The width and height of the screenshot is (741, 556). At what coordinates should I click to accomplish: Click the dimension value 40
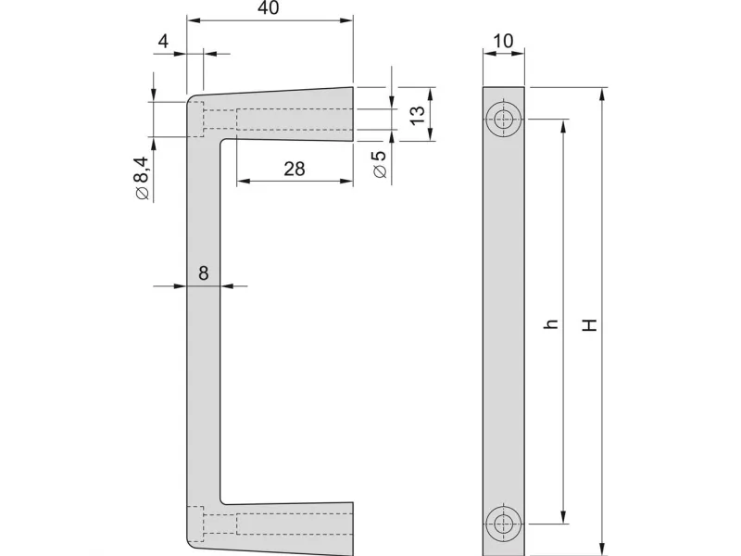click(269, 8)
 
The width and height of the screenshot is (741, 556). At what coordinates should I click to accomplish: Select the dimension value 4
click(163, 42)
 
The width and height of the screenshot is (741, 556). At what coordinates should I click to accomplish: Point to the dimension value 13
click(418, 115)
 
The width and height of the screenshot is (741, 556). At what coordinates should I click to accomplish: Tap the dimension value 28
click(295, 169)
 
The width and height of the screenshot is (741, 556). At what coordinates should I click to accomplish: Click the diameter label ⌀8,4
click(142, 178)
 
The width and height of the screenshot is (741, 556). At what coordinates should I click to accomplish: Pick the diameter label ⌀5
click(380, 165)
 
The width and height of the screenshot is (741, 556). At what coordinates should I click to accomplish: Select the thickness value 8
click(203, 273)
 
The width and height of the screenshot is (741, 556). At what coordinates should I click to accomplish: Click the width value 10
click(503, 41)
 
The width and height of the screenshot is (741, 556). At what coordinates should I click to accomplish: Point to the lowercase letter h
click(551, 323)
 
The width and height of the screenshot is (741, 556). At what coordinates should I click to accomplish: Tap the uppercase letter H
click(589, 325)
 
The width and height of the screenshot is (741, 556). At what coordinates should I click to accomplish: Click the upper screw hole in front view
click(504, 119)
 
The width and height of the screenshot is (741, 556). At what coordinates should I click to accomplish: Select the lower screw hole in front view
click(504, 524)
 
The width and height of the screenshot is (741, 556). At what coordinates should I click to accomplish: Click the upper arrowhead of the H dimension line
click(601, 95)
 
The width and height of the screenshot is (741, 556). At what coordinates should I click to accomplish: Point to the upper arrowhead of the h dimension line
click(563, 126)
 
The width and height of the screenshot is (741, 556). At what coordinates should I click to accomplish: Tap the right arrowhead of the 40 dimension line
click(346, 20)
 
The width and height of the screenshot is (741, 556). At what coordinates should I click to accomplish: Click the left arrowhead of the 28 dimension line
click(243, 181)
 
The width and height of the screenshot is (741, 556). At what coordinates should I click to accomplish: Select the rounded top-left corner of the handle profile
click(191, 100)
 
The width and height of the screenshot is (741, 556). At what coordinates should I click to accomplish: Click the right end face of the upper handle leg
click(353, 114)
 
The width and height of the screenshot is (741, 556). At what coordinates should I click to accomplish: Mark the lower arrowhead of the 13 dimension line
click(430, 133)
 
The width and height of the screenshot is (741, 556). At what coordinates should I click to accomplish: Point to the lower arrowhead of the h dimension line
click(563, 517)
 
